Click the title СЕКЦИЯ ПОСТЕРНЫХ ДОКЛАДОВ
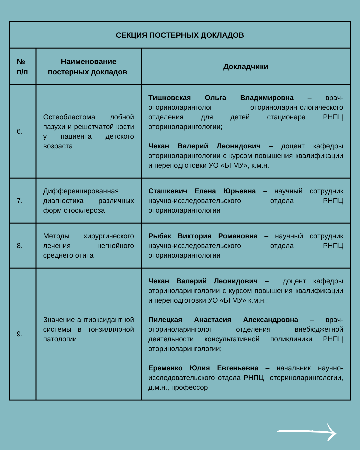click(x=180, y=35)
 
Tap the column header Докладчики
click(x=246, y=67)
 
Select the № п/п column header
click(x=22, y=67)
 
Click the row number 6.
click(x=20, y=131)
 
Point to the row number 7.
click(x=20, y=201)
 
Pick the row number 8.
click(x=20, y=246)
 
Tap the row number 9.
click(x=20, y=334)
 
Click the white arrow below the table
click(x=307, y=432)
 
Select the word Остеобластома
click(x=69, y=117)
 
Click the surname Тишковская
click(x=169, y=98)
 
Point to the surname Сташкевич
click(x=168, y=191)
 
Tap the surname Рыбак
click(x=160, y=236)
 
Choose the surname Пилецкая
click(x=165, y=320)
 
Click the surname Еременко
click(x=165, y=368)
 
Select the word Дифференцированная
click(x=81, y=191)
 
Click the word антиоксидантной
click(x=105, y=320)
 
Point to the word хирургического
click(x=109, y=236)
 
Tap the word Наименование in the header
click(x=88, y=61)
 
